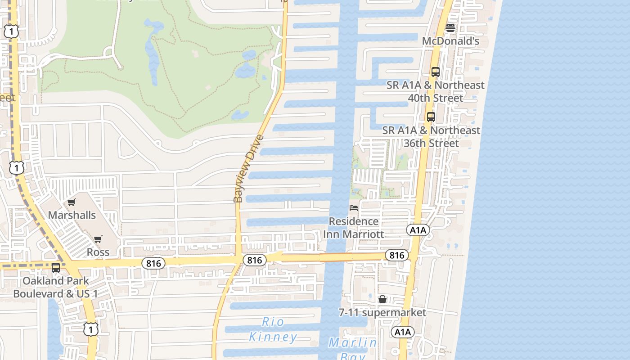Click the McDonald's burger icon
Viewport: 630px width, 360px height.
click(x=450, y=28)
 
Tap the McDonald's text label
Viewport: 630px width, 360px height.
click(x=450, y=41)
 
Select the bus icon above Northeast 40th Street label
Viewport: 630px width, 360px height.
click(x=435, y=72)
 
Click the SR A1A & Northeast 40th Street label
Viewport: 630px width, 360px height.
click(x=435, y=91)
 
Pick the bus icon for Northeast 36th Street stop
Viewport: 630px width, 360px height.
click(x=431, y=117)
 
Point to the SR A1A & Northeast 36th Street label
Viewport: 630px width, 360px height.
click(x=431, y=136)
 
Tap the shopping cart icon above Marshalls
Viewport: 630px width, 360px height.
click(x=72, y=202)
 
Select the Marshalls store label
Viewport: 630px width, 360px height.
click(x=72, y=215)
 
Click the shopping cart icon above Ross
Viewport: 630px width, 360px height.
click(x=98, y=239)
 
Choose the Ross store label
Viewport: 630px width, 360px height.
click(x=98, y=252)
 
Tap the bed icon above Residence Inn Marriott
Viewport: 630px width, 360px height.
click(x=354, y=208)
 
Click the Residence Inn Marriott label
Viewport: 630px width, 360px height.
click(x=354, y=228)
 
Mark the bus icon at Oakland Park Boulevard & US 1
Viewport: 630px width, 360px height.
click(x=56, y=268)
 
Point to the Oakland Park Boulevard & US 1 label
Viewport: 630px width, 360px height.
click(x=56, y=287)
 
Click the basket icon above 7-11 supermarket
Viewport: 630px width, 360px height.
click(x=382, y=299)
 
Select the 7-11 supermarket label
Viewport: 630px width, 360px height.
click(x=382, y=312)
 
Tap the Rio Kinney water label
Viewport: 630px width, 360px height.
click(x=273, y=329)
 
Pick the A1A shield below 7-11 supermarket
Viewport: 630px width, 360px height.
click(x=403, y=333)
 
